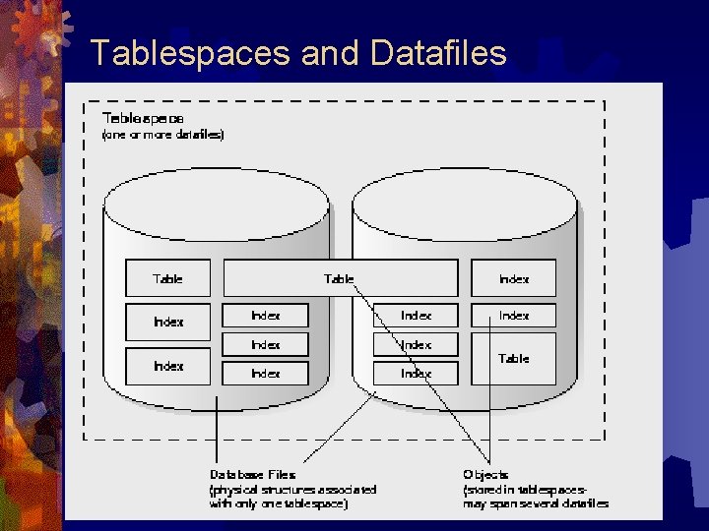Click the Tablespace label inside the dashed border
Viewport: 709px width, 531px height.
[x=143, y=117]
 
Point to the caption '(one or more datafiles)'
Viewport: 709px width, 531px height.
[x=162, y=134]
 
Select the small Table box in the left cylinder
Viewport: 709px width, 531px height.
[x=167, y=278]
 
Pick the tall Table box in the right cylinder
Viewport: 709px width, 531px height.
[x=513, y=359]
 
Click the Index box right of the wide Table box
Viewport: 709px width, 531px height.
[x=513, y=278]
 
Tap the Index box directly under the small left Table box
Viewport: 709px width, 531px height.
[x=167, y=321]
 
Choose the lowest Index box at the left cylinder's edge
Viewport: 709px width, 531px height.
[x=167, y=366]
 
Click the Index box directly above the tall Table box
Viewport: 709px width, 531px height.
[x=513, y=316]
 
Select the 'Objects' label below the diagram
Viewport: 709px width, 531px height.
[x=485, y=475]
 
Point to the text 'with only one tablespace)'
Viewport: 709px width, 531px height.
[x=278, y=503]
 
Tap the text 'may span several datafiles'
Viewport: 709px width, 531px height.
[x=536, y=503]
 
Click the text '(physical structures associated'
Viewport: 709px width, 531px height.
[x=292, y=489]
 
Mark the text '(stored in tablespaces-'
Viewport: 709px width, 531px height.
[x=526, y=489]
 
